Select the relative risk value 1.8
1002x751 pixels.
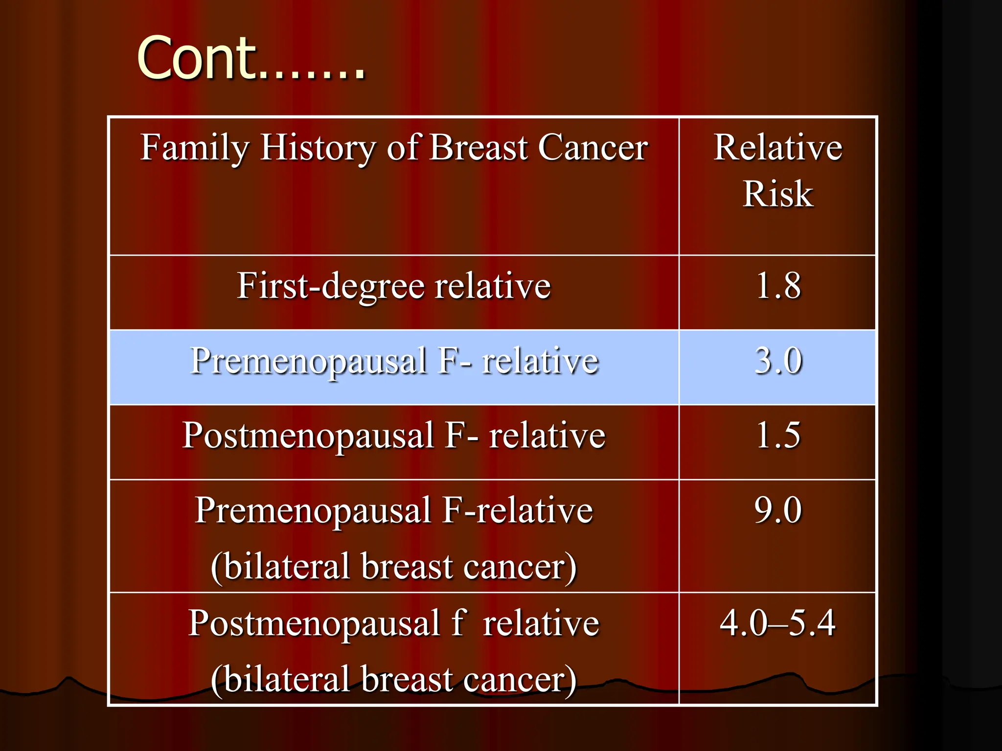[778, 286]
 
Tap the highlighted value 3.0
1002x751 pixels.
[778, 361]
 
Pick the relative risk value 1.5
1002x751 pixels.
[778, 435]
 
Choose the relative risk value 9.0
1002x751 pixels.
[778, 510]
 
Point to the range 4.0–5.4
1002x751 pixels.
[778, 623]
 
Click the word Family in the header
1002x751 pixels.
[195, 148]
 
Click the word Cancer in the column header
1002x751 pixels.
[593, 148]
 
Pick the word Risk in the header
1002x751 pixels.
[778, 194]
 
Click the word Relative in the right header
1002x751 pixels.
[778, 148]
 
